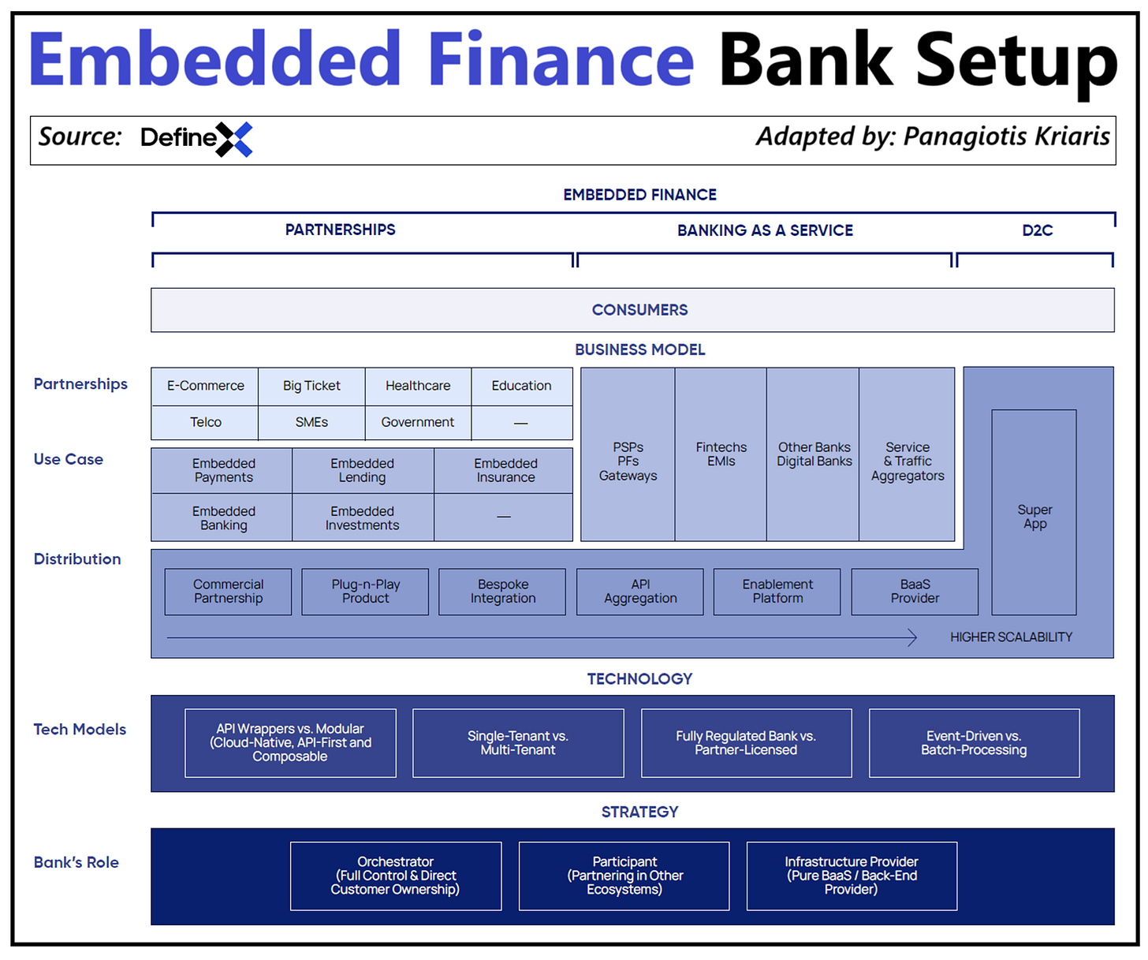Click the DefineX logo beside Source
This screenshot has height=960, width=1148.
(x=196, y=139)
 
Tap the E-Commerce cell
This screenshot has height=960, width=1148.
(x=205, y=386)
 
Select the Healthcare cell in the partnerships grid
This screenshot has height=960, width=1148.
(x=418, y=386)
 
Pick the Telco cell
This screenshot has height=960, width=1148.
(x=205, y=422)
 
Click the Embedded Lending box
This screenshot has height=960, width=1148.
(x=363, y=470)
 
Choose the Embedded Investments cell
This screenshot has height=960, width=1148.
(x=363, y=518)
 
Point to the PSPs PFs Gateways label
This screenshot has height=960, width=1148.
(x=628, y=461)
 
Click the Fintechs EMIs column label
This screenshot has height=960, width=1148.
(x=721, y=454)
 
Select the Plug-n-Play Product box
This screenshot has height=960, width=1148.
(x=365, y=592)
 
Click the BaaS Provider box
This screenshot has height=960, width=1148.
(x=915, y=592)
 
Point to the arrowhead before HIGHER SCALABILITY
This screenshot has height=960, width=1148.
(x=912, y=637)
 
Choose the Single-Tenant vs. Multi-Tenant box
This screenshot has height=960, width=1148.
(x=518, y=743)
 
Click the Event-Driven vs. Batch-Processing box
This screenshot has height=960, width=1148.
(x=974, y=743)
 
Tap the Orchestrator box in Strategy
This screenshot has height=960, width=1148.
(x=396, y=876)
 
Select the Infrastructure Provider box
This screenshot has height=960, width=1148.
(x=852, y=876)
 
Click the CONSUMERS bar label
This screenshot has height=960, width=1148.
(x=639, y=310)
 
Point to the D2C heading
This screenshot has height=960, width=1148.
(x=1037, y=230)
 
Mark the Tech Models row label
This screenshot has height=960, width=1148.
(x=80, y=730)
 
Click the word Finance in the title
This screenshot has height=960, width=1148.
(x=561, y=60)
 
